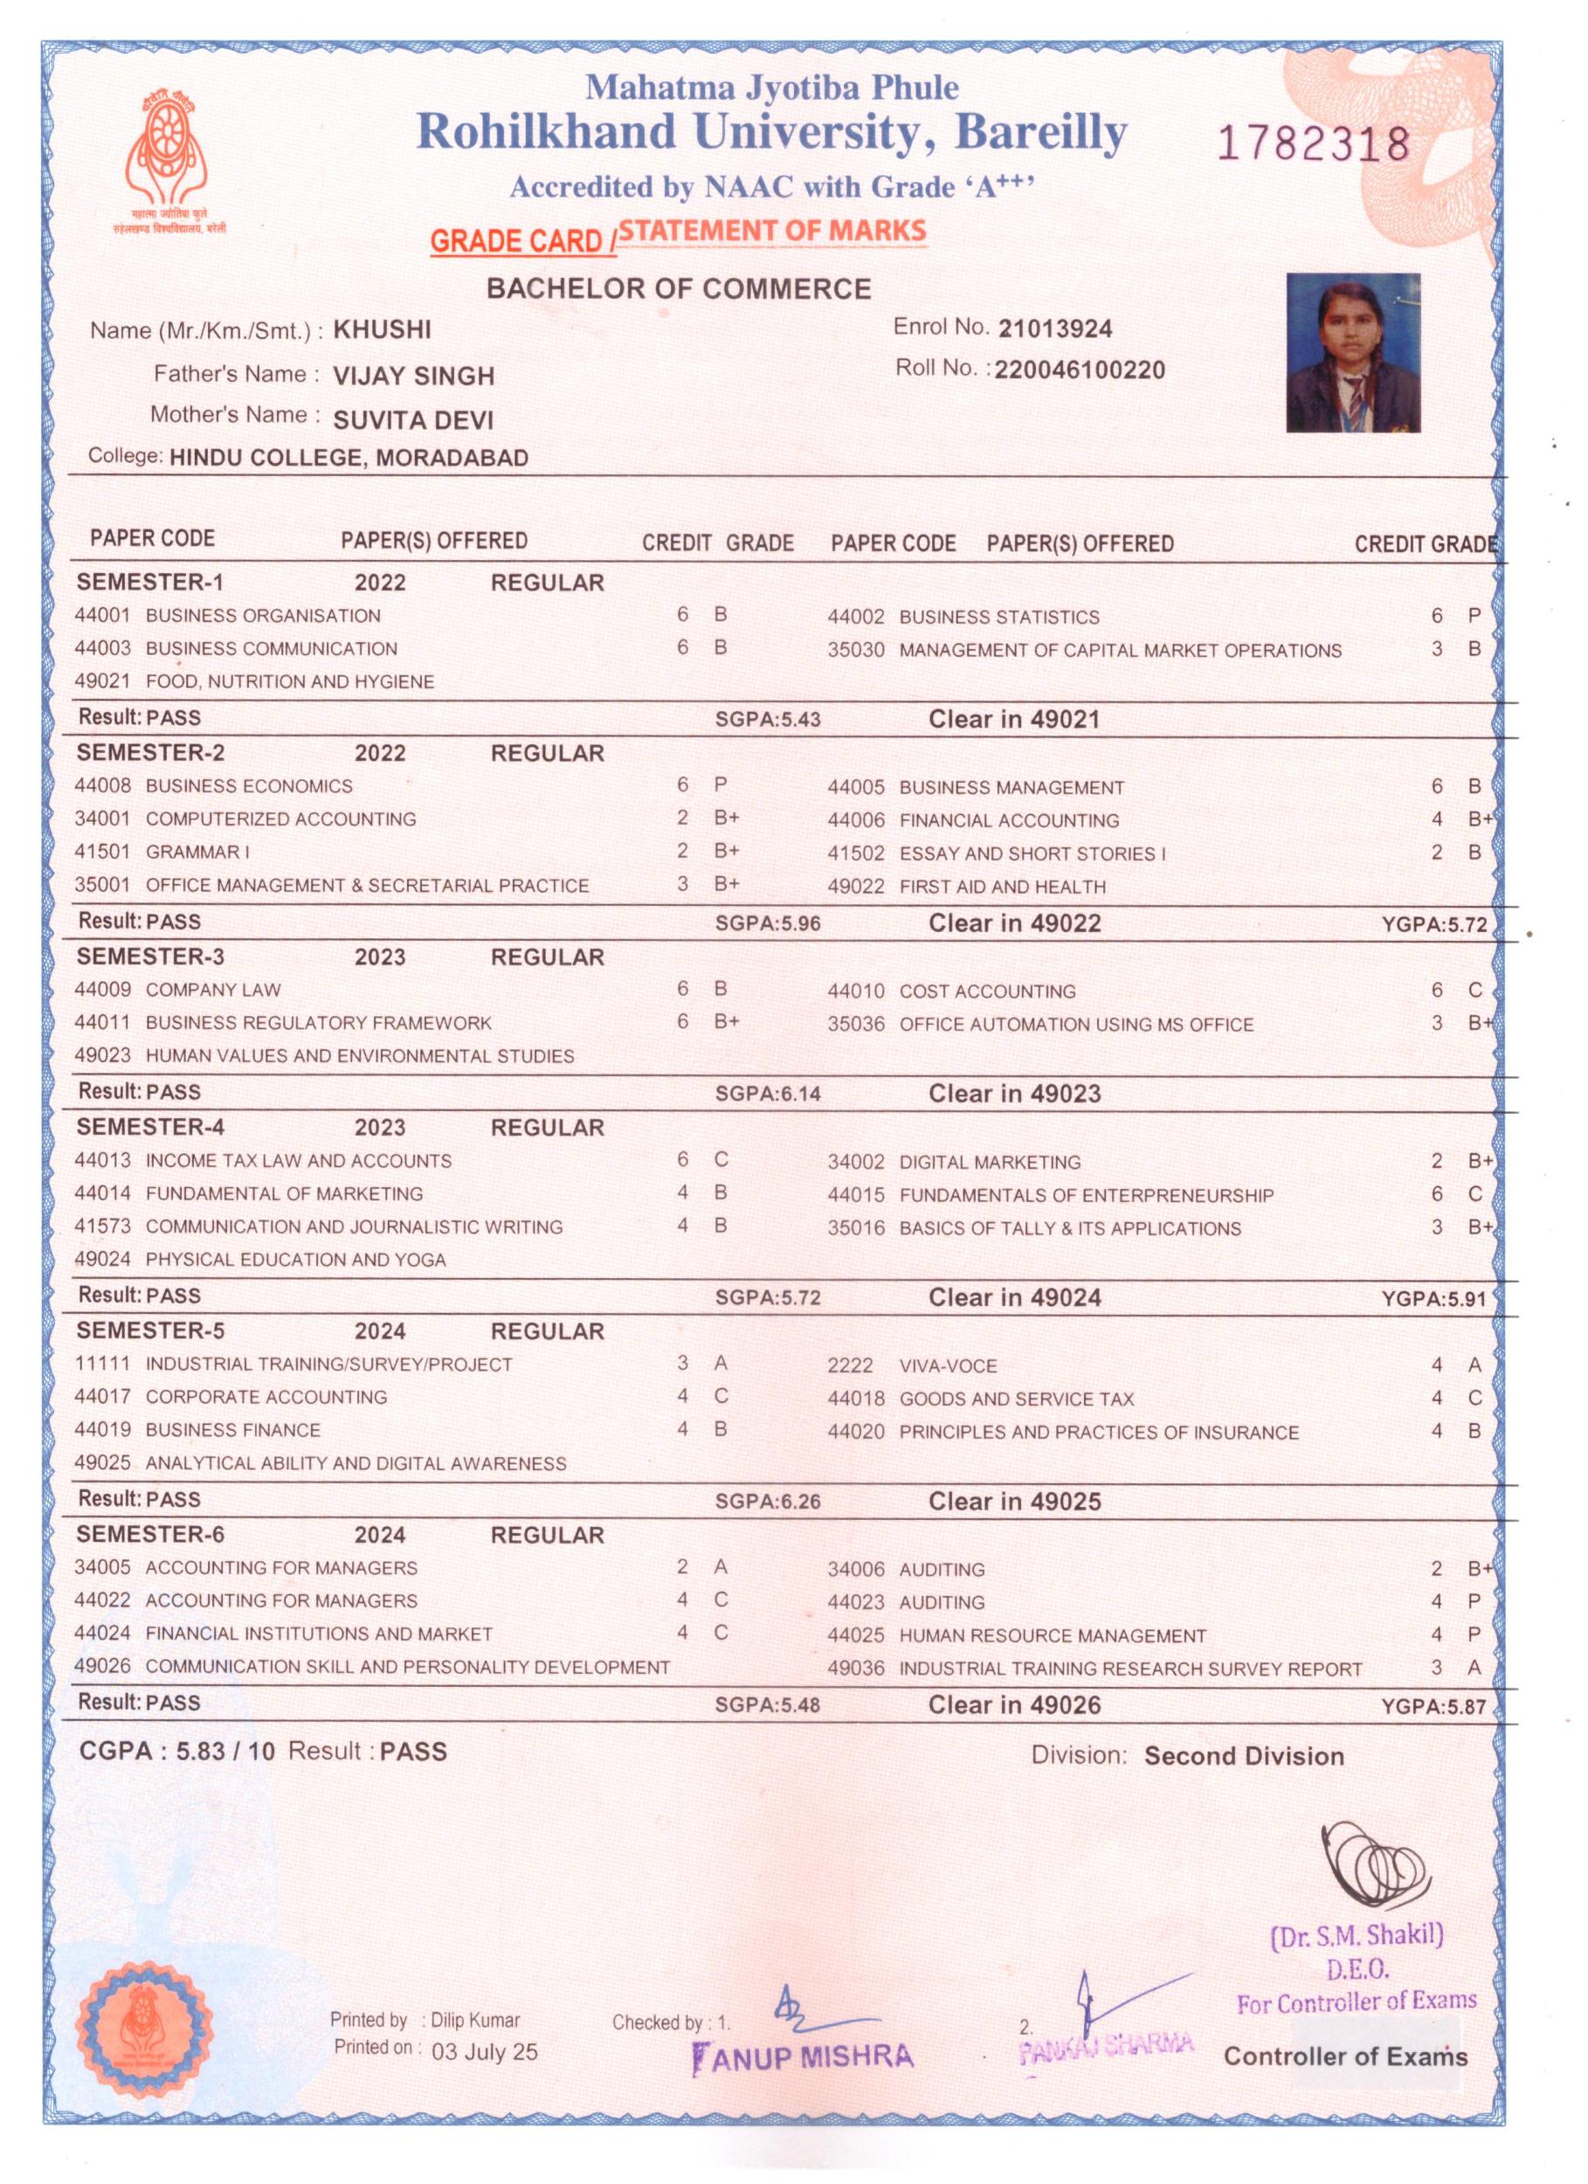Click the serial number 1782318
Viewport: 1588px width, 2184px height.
[x=1314, y=145]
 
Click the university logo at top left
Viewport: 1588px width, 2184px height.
[x=169, y=154]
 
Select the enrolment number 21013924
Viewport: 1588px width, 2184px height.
[x=1054, y=329]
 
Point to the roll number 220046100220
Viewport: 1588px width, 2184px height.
[x=1080, y=370]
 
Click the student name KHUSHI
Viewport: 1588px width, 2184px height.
[x=382, y=330]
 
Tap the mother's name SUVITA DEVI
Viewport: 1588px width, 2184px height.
[x=413, y=420]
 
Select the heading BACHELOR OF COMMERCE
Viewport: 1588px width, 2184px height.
[x=679, y=289]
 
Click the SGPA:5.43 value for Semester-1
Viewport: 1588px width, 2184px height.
[x=768, y=719]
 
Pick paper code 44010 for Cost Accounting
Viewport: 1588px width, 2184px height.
[x=855, y=991]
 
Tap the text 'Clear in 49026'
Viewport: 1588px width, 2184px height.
[x=1014, y=1705]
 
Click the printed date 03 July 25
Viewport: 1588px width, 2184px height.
[x=486, y=2051]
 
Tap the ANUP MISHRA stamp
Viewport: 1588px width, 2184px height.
[x=803, y=2056]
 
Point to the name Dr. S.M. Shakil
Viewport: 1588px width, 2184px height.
[x=1357, y=1935]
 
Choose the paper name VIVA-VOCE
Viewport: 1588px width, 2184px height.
[x=948, y=1365]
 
